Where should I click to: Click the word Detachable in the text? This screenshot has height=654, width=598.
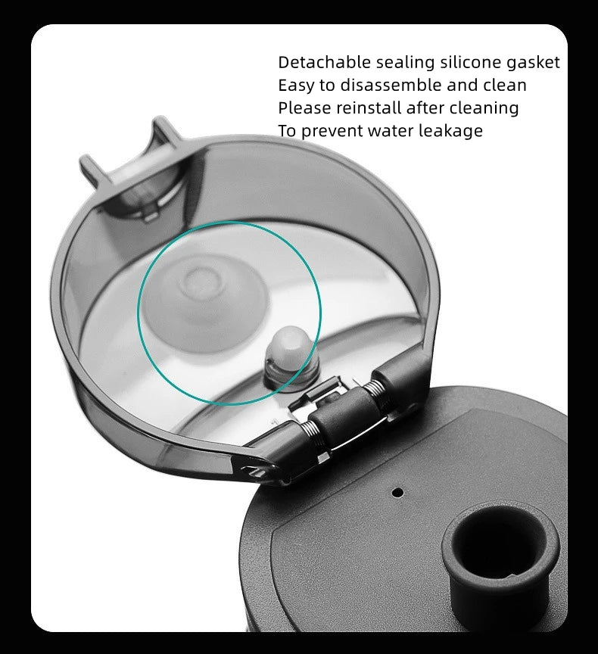coord(325,62)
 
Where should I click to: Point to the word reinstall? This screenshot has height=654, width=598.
coord(369,108)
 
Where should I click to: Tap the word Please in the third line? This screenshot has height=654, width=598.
coord(304,108)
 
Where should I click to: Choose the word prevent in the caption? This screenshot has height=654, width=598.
coord(332,132)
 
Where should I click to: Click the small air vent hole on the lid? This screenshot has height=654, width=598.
coord(398,492)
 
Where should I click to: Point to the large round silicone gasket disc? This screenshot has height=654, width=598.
coord(205,298)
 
